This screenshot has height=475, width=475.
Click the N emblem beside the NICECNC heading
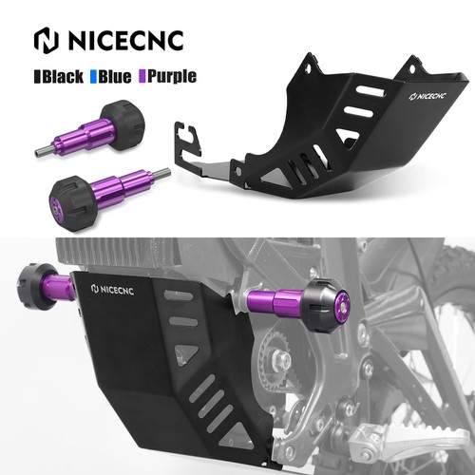(x=46, y=39)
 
